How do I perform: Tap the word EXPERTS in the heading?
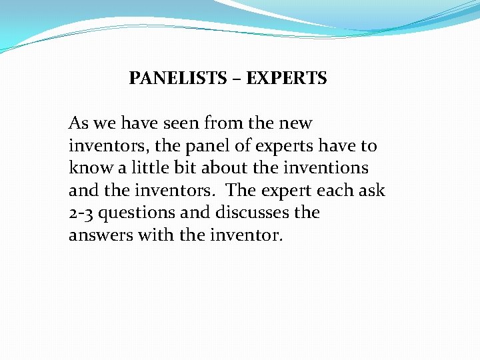287,79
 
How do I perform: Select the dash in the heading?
237,79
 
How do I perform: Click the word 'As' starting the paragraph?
79,123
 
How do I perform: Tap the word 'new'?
297,124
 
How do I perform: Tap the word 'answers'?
100,236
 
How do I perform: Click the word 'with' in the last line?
153,235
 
